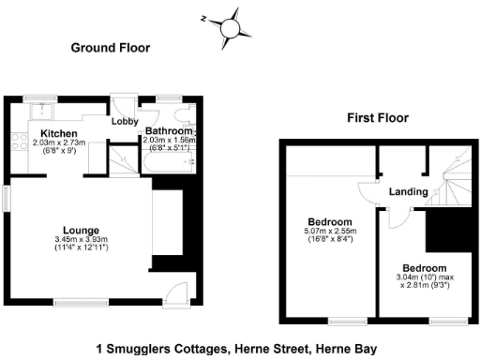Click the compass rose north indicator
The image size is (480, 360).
229,26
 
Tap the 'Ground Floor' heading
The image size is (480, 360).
112,47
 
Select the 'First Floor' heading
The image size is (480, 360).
378,118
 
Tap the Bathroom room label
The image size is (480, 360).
168,131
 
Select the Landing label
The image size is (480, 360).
410,192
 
